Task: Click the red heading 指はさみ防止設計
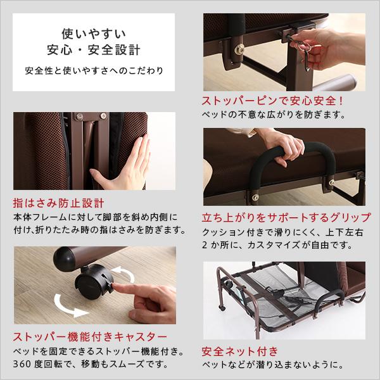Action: tap(58, 204)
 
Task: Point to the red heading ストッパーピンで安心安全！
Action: tap(272, 101)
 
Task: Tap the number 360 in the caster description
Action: tap(24, 364)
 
